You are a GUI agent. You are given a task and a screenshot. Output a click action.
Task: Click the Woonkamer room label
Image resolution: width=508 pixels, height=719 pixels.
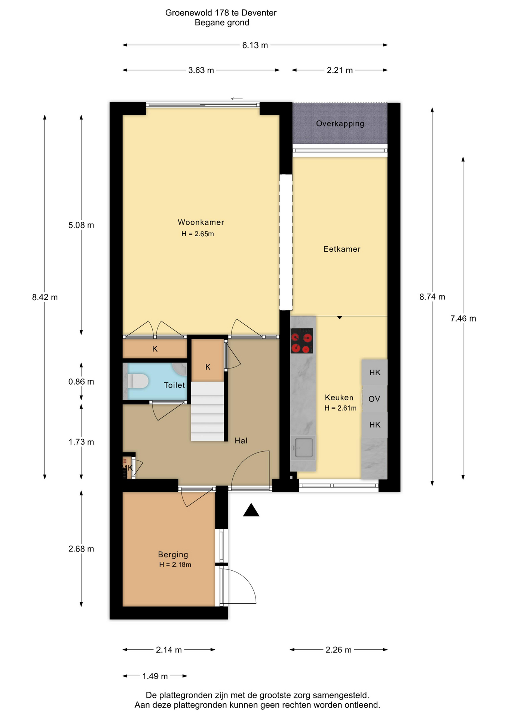point(201,222)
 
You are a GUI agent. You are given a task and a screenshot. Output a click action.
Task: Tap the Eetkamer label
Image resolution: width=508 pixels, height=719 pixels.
point(342,249)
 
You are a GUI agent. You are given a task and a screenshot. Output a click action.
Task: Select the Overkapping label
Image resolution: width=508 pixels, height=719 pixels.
point(340,124)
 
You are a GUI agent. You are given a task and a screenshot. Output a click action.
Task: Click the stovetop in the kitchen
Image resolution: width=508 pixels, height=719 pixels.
point(302,341)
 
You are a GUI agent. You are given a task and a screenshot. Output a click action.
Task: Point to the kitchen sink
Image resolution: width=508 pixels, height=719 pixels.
point(303,448)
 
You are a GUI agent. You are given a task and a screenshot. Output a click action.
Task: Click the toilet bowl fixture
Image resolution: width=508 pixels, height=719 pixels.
point(138,381)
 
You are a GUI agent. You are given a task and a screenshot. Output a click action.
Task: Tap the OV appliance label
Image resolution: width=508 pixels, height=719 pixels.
point(374,399)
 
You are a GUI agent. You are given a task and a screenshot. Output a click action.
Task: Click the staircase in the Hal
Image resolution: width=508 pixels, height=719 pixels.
point(208,411)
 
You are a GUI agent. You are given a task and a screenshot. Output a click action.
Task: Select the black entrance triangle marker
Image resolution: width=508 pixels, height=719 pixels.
point(251,510)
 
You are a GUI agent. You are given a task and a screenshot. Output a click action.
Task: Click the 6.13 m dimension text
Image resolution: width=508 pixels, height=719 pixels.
point(255,45)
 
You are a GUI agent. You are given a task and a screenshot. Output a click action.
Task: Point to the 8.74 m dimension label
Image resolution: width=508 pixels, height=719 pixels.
point(432,297)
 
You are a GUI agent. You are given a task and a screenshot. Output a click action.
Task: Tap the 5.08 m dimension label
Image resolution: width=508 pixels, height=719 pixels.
point(81,225)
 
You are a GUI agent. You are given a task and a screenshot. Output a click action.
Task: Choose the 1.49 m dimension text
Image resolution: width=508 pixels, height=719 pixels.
point(155,676)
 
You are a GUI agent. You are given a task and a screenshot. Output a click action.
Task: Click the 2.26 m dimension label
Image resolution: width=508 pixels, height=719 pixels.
point(339,650)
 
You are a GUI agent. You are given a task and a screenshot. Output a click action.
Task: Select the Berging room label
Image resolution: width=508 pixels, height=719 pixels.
point(173,555)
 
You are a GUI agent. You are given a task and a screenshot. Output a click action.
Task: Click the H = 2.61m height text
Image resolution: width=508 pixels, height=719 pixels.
point(340,408)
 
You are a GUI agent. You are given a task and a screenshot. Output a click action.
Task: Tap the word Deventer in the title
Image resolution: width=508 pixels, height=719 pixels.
point(259,13)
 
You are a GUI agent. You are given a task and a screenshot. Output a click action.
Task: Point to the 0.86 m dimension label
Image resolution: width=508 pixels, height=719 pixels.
point(81,382)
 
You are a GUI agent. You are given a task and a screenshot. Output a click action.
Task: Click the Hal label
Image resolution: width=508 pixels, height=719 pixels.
point(241,441)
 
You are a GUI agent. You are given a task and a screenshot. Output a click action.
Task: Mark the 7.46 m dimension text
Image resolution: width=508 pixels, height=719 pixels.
point(463,319)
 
